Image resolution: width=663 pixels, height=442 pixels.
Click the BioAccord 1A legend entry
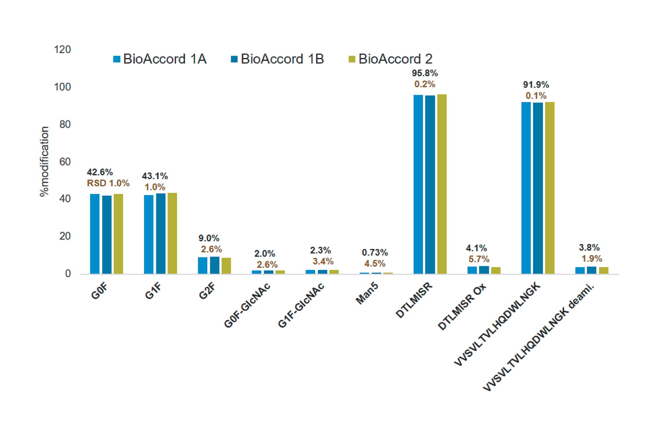(160, 59)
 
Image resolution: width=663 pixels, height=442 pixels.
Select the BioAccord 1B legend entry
(277, 59)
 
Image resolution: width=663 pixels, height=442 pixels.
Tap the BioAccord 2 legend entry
(391, 59)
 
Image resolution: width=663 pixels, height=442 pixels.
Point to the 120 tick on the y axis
(62, 50)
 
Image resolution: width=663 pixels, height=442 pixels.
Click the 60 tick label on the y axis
(65, 162)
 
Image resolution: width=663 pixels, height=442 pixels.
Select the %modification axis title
(44, 161)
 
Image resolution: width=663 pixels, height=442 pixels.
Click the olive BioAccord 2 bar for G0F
(118, 234)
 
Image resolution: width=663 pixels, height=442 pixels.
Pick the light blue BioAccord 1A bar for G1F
(149, 234)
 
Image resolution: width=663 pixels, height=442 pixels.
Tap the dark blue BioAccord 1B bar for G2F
(214, 265)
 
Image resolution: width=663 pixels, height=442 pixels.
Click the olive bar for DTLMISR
(442, 184)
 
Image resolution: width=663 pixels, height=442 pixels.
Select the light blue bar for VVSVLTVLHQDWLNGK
(526, 188)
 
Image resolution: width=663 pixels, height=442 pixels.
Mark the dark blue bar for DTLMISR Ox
(484, 270)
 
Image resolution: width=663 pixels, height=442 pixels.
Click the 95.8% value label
(425, 73)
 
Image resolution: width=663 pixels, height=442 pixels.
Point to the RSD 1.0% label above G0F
(108, 183)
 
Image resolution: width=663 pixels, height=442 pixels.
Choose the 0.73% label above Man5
(375, 253)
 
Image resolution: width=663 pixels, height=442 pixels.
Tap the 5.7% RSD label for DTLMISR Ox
(479, 259)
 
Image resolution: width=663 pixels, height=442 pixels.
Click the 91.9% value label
(536, 85)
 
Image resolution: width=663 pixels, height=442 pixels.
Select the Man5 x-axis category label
(367, 293)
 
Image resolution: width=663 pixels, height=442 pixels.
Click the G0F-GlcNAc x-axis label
(247, 305)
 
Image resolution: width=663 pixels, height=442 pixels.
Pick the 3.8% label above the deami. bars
(589, 247)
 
